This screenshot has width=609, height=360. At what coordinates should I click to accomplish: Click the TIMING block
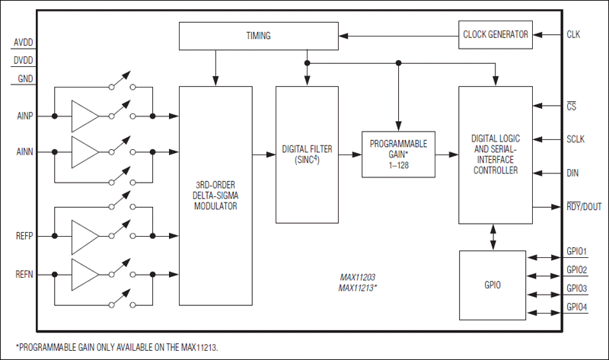click(258, 35)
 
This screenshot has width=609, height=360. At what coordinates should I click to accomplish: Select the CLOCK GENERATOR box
click(496, 34)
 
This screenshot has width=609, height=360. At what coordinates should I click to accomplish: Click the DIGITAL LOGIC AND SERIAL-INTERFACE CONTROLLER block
click(495, 155)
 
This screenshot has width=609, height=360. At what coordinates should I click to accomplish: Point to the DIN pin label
click(573, 174)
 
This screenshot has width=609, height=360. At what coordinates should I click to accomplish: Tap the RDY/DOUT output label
click(584, 206)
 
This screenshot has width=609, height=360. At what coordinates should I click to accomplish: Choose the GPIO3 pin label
click(577, 288)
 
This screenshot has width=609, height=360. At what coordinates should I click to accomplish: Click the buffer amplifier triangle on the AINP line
click(84, 116)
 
